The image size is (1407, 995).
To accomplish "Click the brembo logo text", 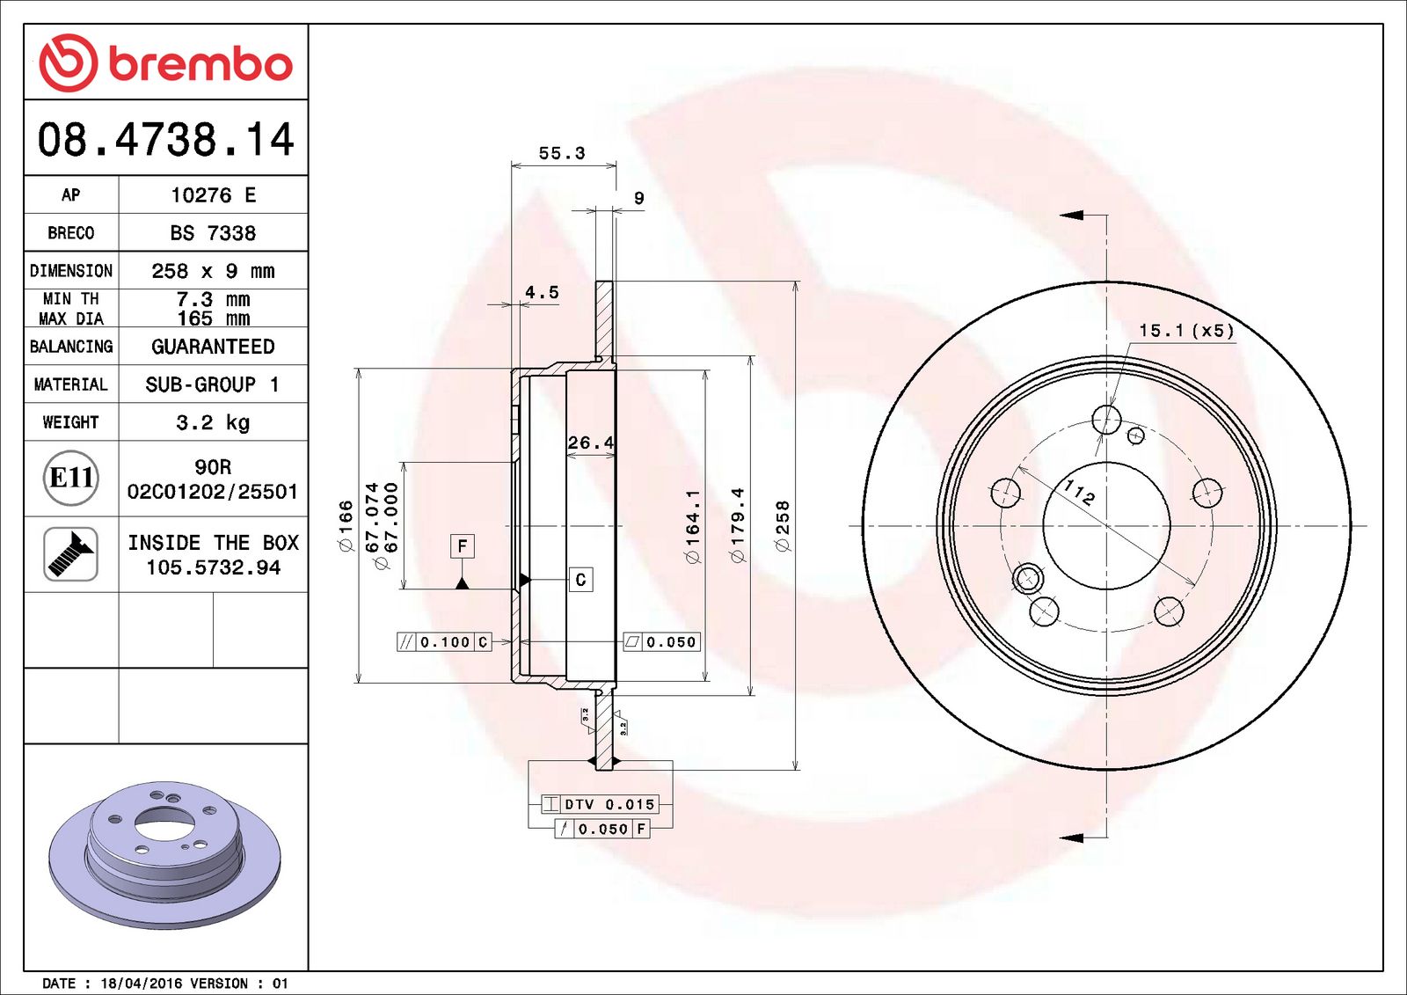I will click(200, 64).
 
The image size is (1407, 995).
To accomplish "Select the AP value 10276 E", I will click(213, 195).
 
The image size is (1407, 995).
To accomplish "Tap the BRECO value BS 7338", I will click(213, 233).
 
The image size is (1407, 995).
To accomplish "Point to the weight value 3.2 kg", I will click(213, 422).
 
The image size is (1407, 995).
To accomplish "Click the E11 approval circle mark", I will click(70, 478).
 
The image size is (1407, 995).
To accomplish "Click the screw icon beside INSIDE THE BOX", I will click(70, 554).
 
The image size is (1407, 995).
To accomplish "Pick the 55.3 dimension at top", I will click(561, 154).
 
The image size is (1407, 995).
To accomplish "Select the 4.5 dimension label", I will click(542, 292).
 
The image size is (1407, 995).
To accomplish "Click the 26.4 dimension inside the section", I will click(590, 443).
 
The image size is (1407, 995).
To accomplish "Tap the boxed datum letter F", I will click(463, 546).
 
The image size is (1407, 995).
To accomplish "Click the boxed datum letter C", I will click(580, 580).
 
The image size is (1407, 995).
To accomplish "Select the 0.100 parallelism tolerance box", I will click(444, 642).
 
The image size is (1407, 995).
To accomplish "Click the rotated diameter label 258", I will click(782, 525).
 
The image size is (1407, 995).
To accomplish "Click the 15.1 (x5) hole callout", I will click(1186, 331).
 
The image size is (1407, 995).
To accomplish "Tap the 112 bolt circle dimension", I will click(1079, 492).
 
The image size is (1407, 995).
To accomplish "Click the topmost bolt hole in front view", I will click(1106, 419).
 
